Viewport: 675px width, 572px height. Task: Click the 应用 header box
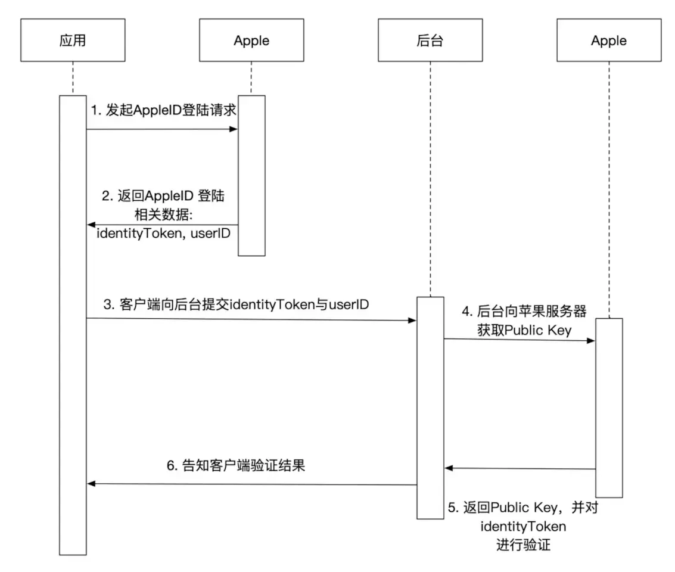point(73,41)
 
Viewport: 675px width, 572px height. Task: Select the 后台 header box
point(430,41)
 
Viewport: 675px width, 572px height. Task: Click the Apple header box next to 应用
point(251,41)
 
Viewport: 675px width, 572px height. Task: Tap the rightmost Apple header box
point(609,41)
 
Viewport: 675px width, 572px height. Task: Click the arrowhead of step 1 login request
point(234,129)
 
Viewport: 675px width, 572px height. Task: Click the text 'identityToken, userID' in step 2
point(163,234)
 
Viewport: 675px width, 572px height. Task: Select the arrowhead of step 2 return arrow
point(91,225)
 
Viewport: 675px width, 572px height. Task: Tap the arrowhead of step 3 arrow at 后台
point(412,321)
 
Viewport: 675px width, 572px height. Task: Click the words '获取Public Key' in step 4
point(524,330)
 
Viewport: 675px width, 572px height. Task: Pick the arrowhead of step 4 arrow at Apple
point(592,340)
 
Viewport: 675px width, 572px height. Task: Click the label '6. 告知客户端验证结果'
point(235,466)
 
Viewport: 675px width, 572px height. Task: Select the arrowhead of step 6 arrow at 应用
point(91,484)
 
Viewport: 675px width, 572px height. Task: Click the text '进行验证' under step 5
point(523,545)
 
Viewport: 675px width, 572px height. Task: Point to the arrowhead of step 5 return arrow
point(448,468)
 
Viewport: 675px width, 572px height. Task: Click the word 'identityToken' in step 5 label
point(523,526)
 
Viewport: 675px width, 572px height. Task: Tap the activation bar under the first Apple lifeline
point(251,176)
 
